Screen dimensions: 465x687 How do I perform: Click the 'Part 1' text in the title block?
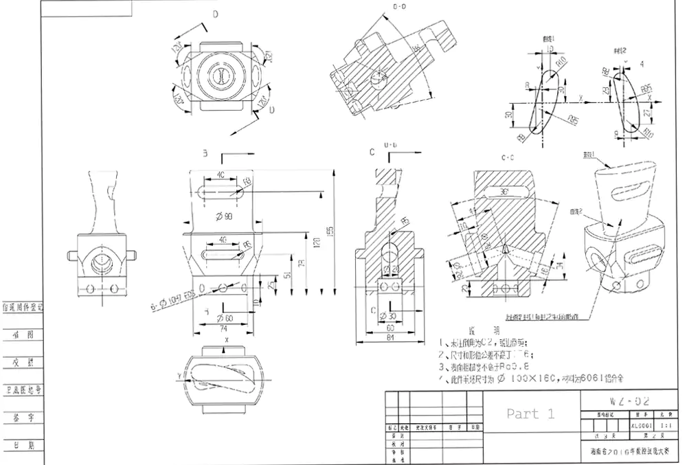click(x=530, y=413)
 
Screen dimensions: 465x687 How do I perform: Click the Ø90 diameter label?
click(x=225, y=217)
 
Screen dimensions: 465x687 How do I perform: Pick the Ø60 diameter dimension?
click(x=223, y=318)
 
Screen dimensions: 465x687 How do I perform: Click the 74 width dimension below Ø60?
click(x=223, y=329)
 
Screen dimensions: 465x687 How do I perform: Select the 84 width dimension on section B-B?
click(x=390, y=338)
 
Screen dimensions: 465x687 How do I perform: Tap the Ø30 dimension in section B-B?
click(x=390, y=317)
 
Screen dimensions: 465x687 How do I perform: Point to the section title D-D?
click(x=400, y=8)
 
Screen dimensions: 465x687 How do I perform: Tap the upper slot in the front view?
click(x=223, y=193)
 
